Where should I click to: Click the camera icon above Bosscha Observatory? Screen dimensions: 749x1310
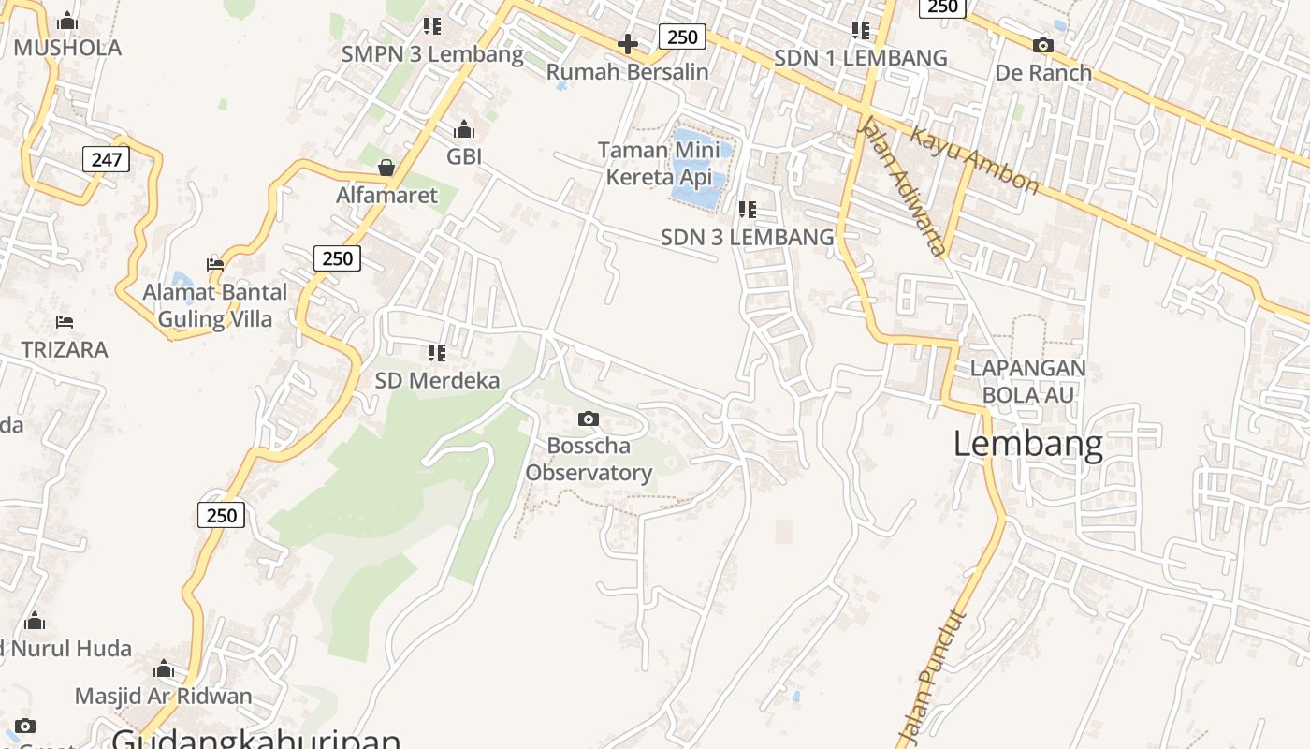pyautogui.click(x=588, y=419)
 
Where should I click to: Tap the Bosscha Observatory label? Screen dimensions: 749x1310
pyautogui.click(x=589, y=459)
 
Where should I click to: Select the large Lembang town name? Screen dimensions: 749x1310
pyautogui.click(x=1027, y=443)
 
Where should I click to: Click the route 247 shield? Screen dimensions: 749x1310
pyautogui.click(x=107, y=159)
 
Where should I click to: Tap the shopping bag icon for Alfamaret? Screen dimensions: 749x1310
pyautogui.click(x=386, y=168)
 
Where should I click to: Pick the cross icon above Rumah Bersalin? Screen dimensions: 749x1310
pyautogui.click(x=628, y=44)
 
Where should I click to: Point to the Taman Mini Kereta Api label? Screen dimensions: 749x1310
pyautogui.click(x=659, y=163)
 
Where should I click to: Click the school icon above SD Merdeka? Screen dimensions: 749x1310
pyautogui.click(x=437, y=353)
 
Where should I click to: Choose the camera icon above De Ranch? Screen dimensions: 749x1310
pyautogui.click(x=1042, y=45)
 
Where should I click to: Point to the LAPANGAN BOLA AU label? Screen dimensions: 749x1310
pyautogui.click(x=1027, y=381)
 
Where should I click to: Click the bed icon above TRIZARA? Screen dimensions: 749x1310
pyautogui.click(x=65, y=322)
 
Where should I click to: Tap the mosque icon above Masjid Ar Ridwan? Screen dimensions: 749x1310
pyautogui.click(x=164, y=668)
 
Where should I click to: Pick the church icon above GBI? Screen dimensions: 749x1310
pyautogui.click(x=464, y=129)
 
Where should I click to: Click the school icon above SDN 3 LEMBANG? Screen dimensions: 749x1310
pyautogui.click(x=747, y=210)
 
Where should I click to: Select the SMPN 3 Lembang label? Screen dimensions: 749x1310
pyautogui.click(x=432, y=54)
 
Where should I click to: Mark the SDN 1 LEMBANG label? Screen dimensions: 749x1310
pyautogui.click(x=861, y=58)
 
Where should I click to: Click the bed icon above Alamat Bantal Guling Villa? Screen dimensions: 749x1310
pyautogui.click(x=215, y=264)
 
